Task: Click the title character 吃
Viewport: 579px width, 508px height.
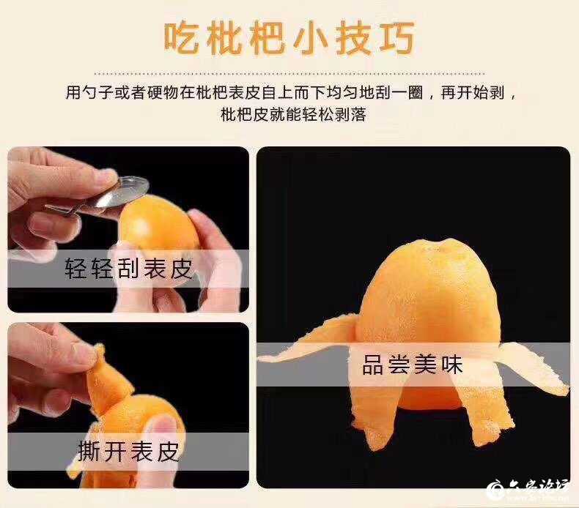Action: (x=182, y=39)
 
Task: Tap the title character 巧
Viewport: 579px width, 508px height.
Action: (x=397, y=38)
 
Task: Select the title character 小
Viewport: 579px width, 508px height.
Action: (x=311, y=39)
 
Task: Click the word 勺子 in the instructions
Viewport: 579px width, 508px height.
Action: (x=97, y=92)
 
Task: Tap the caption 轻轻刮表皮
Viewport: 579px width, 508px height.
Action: (x=129, y=268)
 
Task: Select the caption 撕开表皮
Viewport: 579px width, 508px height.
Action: (x=128, y=451)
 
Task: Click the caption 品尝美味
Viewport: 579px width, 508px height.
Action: (x=413, y=365)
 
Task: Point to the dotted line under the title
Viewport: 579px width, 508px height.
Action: (x=289, y=73)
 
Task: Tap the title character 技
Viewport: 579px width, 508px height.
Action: (x=354, y=39)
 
